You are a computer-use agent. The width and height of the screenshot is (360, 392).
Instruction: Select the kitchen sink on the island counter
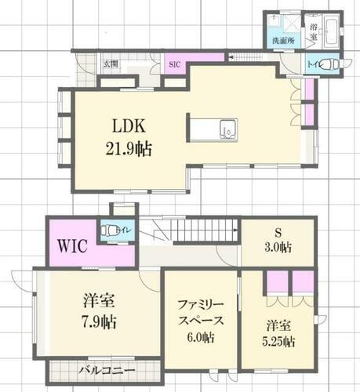227,129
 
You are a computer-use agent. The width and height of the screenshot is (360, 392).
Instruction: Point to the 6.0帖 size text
199,338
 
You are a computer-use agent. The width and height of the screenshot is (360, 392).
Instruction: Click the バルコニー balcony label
106,369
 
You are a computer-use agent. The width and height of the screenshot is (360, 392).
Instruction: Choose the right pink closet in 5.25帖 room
302,281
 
